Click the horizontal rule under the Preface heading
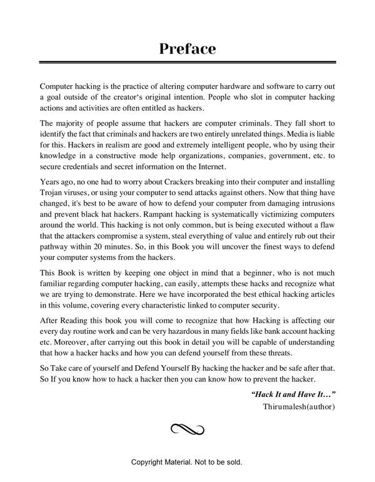187,63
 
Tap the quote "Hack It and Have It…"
294,394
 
